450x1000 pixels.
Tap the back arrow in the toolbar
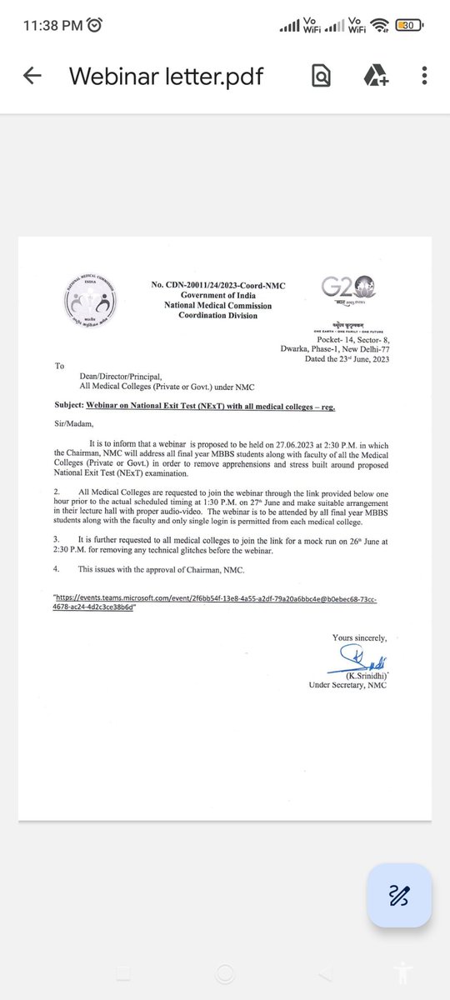(x=32, y=76)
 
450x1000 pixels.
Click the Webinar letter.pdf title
(x=166, y=76)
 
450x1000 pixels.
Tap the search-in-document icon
(x=321, y=76)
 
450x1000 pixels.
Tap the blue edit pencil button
(x=398, y=895)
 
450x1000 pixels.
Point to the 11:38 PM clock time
(x=47, y=26)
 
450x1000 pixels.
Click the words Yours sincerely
(x=359, y=637)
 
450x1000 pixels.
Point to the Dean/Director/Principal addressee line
(x=117, y=377)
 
